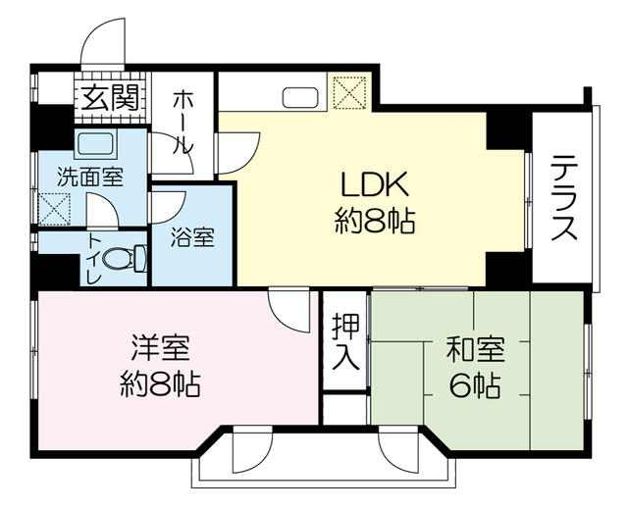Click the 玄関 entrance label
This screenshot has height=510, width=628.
click(110, 98)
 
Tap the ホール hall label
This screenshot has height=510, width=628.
click(183, 123)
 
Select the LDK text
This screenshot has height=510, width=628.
click(374, 184)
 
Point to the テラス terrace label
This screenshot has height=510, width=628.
click(564, 197)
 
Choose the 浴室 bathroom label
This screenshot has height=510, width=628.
click(193, 237)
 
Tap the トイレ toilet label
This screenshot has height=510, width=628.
click(94, 259)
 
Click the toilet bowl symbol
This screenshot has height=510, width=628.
click(125, 259)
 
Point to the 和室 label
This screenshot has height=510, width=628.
click(475, 349)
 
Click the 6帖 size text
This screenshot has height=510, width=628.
click(475, 385)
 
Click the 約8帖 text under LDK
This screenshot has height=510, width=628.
click(374, 221)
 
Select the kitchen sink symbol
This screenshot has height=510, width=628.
click(301, 97)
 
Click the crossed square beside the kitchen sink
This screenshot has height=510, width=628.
click(349, 92)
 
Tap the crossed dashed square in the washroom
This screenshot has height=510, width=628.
click(54, 209)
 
